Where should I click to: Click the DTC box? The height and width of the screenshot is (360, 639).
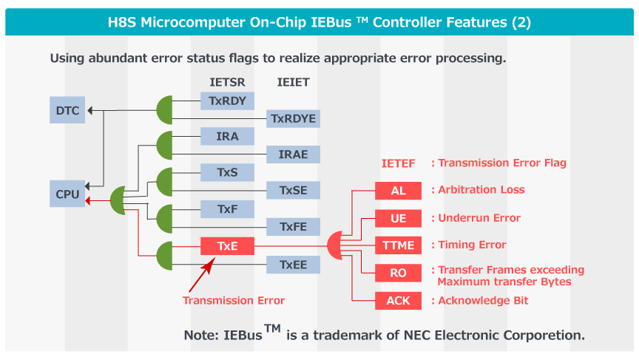[x=67, y=110]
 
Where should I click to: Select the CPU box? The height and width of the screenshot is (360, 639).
[x=67, y=194]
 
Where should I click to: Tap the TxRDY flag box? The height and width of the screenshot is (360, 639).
[x=227, y=101]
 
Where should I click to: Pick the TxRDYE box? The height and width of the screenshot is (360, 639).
[x=293, y=118]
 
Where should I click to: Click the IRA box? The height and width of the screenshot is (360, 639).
[x=227, y=137]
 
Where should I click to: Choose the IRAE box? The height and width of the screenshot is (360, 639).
[x=293, y=154]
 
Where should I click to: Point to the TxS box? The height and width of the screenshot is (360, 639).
[x=227, y=172]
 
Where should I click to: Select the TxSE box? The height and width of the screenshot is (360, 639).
[x=293, y=191]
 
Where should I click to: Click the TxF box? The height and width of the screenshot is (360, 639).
[x=227, y=209]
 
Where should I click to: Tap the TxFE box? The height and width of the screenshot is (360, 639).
[x=293, y=227]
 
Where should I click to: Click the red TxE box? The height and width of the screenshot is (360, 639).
[x=227, y=245]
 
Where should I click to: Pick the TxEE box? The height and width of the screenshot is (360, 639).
[x=293, y=264]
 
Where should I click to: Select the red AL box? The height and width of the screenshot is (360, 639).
[x=398, y=191]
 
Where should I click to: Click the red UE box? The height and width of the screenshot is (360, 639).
[x=398, y=218]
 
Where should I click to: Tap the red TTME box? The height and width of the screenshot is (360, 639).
[x=398, y=245]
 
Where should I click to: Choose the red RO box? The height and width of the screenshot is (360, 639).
[x=398, y=273]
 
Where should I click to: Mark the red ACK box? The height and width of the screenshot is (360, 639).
[x=398, y=300]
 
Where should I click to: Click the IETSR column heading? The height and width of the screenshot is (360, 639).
[x=228, y=82]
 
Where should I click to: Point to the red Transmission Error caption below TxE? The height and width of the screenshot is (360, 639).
[x=234, y=300]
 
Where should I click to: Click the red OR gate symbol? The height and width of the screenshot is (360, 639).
[x=336, y=245]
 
